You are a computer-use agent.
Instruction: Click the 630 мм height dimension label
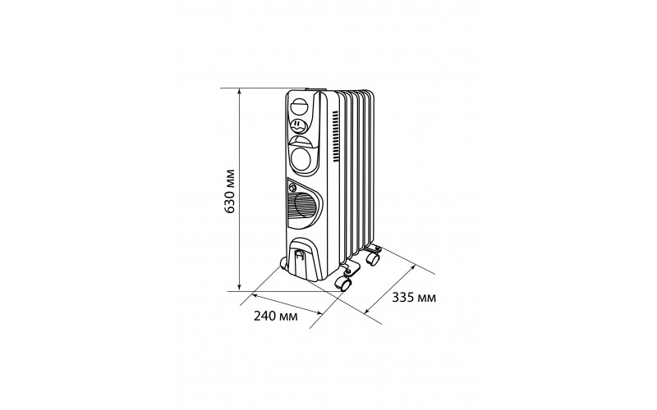[229, 191]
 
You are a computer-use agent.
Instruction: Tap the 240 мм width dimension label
[276, 316]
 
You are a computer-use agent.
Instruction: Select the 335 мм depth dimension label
[414, 298]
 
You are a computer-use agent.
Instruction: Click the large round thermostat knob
[301, 158]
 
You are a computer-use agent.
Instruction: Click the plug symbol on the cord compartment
[299, 255]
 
